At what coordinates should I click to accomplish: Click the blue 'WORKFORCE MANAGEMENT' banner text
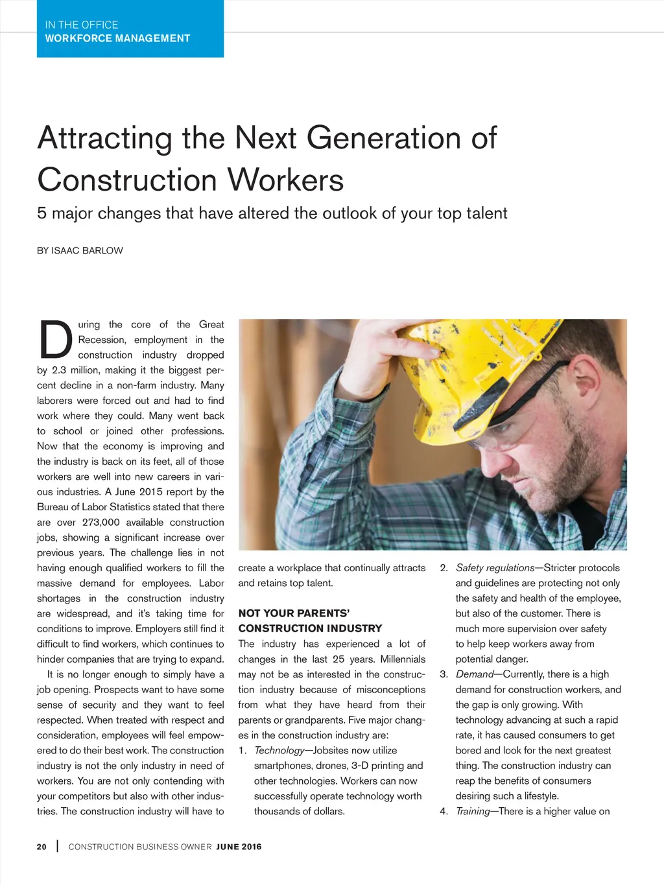(x=117, y=38)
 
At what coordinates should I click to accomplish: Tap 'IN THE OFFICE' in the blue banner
(x=82, y=25)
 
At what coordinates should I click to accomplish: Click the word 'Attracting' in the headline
(x=105, y=139)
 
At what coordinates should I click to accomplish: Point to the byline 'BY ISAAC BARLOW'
(x=80, y=251)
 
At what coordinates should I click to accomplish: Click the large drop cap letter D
(x=55, y=340)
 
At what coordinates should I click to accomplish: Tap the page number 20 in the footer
(x=41, y=847)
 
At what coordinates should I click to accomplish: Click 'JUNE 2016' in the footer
(x=239, y=847)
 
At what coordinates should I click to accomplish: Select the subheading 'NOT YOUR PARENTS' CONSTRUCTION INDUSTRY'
(x=310, y=620)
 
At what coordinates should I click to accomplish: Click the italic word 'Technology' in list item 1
(x=279, y=750)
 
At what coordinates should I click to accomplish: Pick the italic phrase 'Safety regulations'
(x=495, y=568)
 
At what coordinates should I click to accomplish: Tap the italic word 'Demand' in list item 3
(x=475, y=674)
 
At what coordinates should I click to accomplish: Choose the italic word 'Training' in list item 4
(x=473, y=811)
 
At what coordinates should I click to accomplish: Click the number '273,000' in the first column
(x=101, y=523)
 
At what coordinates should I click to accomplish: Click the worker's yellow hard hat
(x=493, y=370)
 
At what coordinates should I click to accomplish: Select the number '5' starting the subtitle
(x=42, y=213)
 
